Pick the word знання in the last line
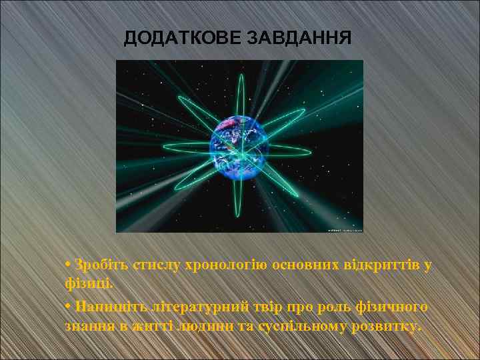click(x=89, y=326)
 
